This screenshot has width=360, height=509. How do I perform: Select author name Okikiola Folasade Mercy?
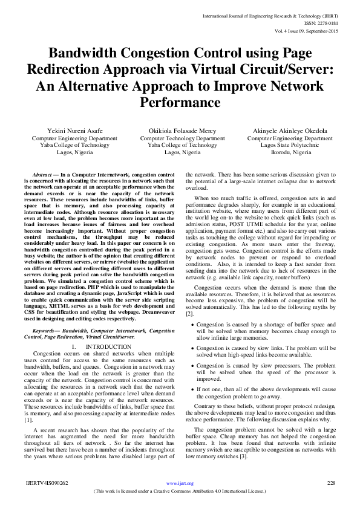(x=174, y=131)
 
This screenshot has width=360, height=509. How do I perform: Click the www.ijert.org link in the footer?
(x=180, y=483)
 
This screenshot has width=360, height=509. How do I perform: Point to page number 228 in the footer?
(x=331, y=483)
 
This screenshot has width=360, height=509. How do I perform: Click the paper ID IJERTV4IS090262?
(x=47, y=483)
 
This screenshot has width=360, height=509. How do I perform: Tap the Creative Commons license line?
(x=180, y=491)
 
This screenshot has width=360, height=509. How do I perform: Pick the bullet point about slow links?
(x=266, y=352)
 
